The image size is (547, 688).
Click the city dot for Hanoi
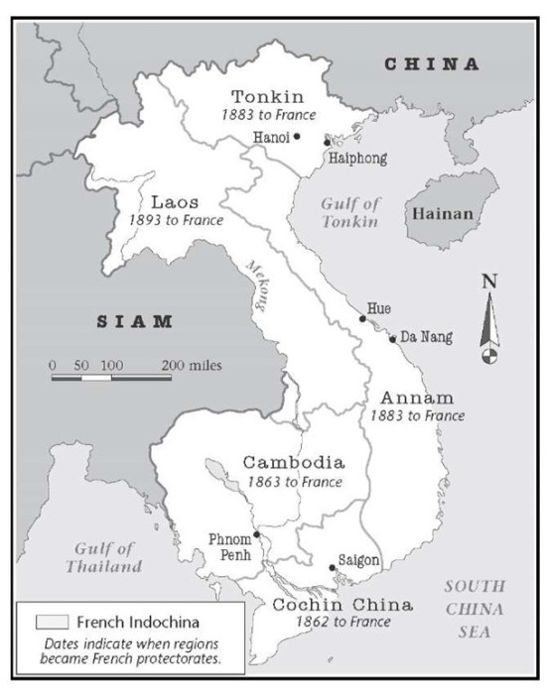click(x=297, y=137)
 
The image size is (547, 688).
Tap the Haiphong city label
click(x=357, y=158)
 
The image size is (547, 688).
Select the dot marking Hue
click(x=361, y=319)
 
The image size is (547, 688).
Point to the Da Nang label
click(x=428, y=338)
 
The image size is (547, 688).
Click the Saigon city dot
click(x=332, y=568)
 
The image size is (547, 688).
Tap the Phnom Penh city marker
click(x=256, y=533)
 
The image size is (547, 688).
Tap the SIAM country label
click(x=134, y=321)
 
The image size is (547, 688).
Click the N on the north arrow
click(x=487, y=281)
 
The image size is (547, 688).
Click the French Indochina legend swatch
click(x=52, y=622)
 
